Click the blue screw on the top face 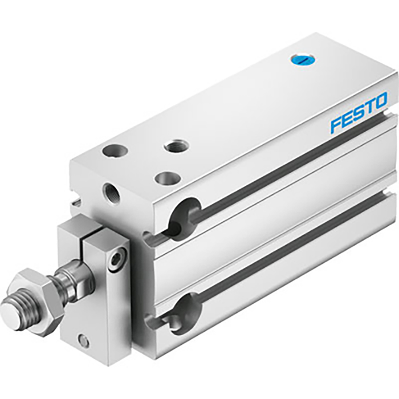(x=300, y=59)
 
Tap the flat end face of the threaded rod (x=12, y=312)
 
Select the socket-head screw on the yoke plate (x=116, y=260)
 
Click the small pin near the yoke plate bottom (x=84, y=341)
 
